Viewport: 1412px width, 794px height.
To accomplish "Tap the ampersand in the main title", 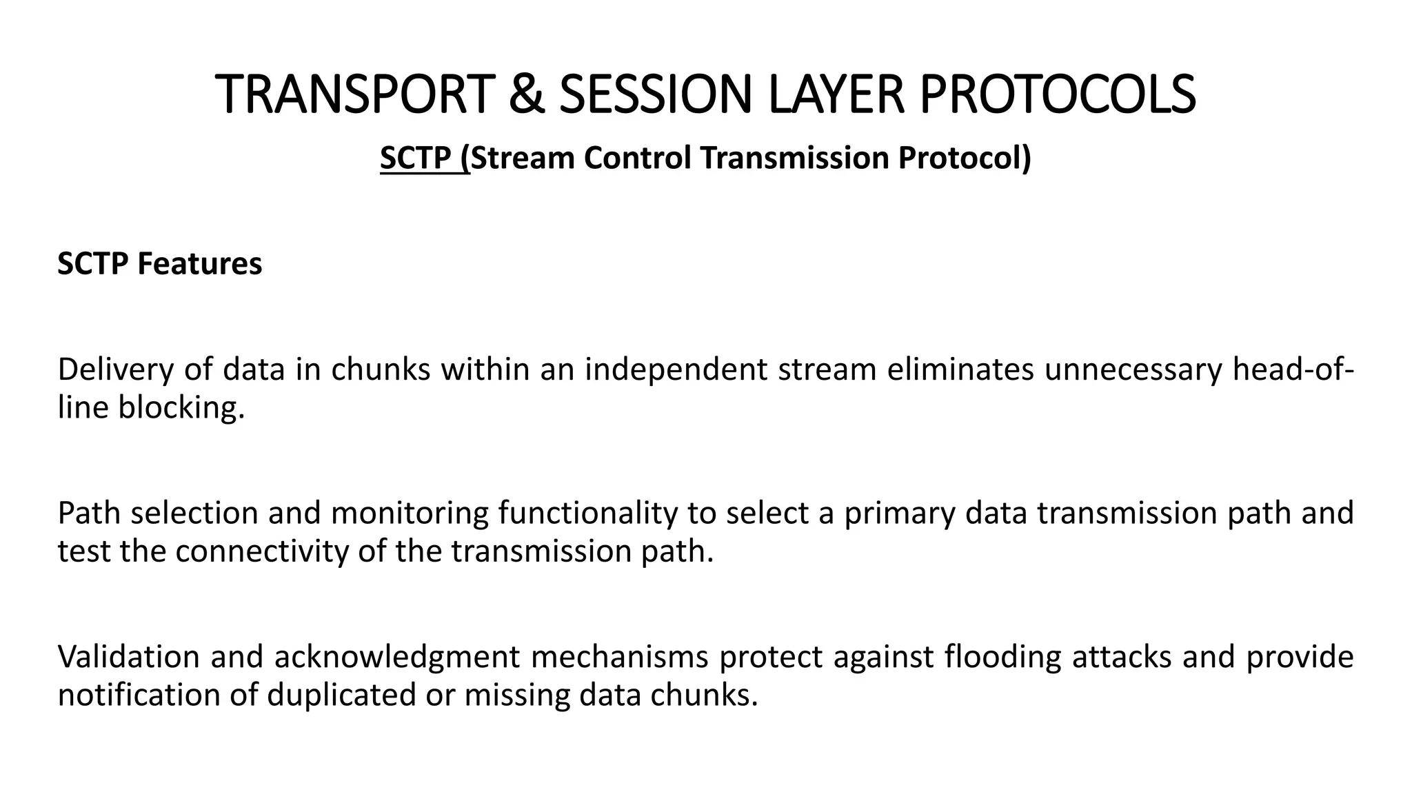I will point(526,94).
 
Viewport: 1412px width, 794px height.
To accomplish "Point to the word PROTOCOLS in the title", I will point(1058,94).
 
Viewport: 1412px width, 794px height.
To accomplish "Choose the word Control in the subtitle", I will point(637,158).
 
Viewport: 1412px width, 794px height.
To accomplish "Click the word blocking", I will point(181,408).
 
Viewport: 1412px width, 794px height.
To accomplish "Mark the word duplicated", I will point(341,695).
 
